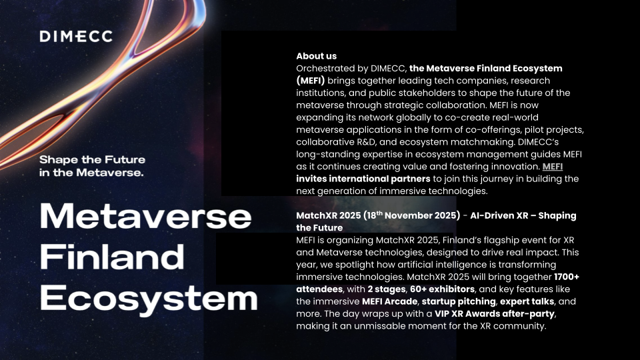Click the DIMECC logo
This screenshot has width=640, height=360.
click(76, 36)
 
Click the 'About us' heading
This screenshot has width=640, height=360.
click(316, 56)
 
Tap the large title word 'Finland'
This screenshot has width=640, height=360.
click(112, 257)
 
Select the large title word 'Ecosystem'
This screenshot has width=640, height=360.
click(149, 299)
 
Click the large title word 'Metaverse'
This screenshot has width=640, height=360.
click(145, 216)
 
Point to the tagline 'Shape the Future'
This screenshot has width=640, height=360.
click(92, 159)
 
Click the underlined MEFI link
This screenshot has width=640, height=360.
click(553, 167)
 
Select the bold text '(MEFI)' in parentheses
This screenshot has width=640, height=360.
click(311, 81)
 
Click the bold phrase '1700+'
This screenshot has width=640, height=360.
click(567, 277)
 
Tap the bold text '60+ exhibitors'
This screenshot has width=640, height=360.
click(442, 289)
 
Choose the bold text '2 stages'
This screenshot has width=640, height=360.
click(387, 289)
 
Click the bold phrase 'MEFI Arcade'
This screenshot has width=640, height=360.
click(390, 301)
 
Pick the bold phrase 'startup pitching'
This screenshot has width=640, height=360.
click(459, 301)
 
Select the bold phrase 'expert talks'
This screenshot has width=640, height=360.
click(527, 301)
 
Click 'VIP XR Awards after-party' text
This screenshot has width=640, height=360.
click(494, 314)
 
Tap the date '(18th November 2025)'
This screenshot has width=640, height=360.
click(411, 215)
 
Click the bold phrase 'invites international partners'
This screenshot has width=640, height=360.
click(363, 179)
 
